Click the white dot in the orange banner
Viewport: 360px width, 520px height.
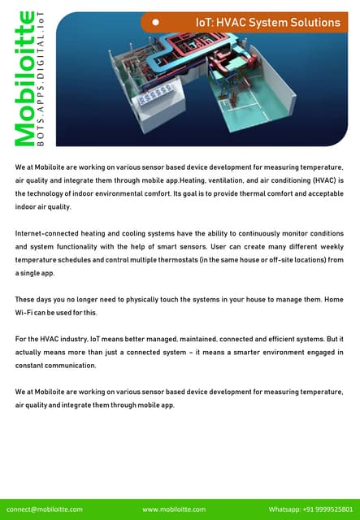155,24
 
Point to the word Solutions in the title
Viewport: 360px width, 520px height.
313,23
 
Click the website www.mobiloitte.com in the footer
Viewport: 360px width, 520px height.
173,509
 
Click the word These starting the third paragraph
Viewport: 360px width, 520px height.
27,299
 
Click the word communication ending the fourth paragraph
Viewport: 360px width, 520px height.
67,366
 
